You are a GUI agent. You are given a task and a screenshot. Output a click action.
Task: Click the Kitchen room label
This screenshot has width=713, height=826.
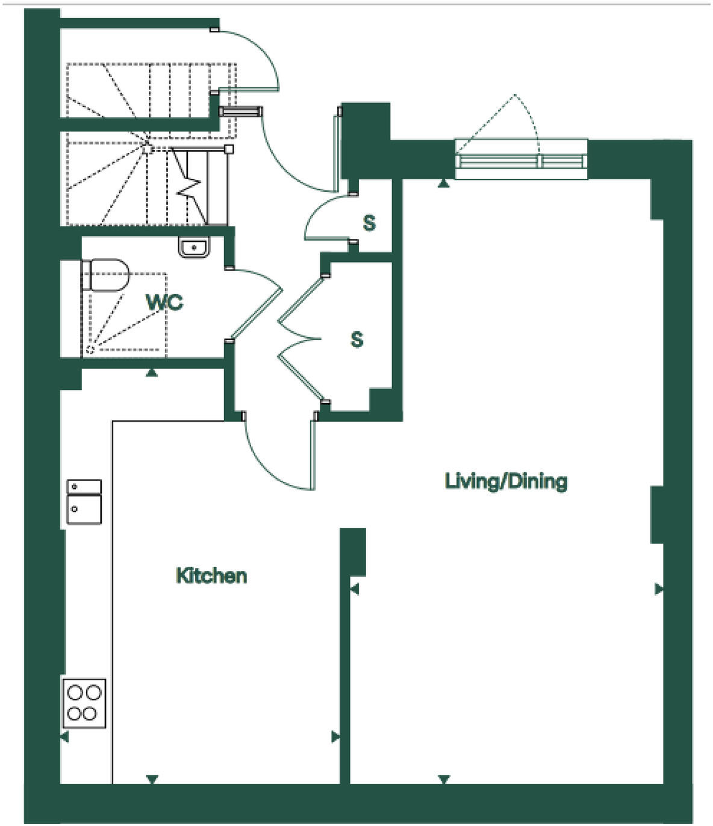[211, 575]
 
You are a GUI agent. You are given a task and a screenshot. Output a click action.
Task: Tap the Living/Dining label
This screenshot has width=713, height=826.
[506, 481]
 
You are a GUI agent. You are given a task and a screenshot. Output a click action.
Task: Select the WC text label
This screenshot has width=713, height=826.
[165, 302]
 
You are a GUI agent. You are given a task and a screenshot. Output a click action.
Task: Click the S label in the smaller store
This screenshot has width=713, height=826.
[369, 224]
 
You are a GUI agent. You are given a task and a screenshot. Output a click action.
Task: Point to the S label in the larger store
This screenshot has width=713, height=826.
[357, 340]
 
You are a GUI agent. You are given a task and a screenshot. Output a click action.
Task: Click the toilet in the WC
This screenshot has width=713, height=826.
[106, 276]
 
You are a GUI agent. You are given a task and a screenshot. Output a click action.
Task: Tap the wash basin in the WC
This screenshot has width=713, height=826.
[194, 246]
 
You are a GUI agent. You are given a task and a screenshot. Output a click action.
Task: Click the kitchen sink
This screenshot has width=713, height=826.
[84, 502]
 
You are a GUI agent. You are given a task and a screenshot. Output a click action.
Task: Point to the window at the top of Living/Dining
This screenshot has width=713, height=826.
[521, 160]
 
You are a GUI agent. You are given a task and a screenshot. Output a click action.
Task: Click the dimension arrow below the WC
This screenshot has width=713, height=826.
[152, 374]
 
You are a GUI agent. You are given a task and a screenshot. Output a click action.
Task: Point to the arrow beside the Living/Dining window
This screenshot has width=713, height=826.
[444, 183]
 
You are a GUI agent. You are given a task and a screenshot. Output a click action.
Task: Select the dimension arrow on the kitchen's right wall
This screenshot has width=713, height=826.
[336, 737]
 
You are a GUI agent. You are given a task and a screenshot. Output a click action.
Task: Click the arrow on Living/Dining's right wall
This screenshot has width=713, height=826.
[659, 589]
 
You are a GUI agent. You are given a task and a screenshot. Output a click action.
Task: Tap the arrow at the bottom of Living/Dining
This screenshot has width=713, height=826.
[444, 780]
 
